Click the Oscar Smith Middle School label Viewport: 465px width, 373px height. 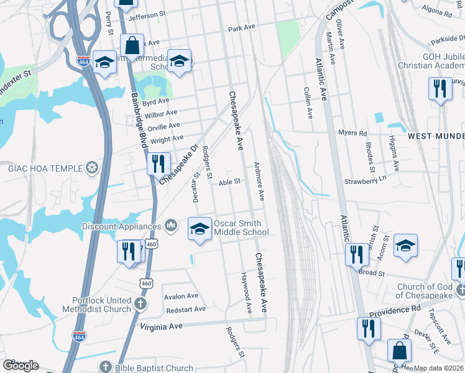tap(241, 228)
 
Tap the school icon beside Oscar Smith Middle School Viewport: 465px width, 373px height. tap(200, 228)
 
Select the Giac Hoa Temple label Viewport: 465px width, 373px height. tap(53, 168)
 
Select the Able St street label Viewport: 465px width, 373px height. tap(229, 182)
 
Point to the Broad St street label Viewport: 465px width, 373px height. tap(372, 273)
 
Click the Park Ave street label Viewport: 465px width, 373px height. tap(242, 28)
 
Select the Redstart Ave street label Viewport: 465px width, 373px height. tap(185, 309)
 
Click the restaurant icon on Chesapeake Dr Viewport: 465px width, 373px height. tap(158, 163)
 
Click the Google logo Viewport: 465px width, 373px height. tap(21, 366)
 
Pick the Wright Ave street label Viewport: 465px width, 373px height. tap(167, 138)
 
